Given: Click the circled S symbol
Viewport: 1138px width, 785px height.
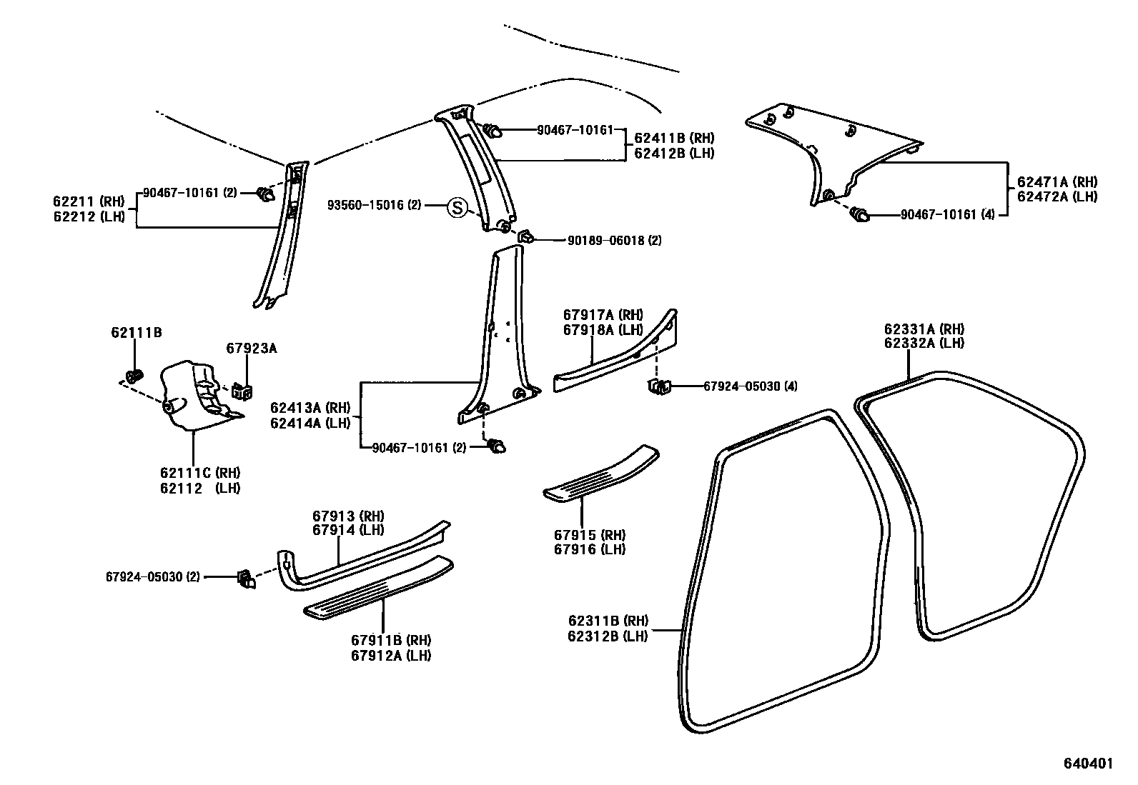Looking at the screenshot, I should (456, 208).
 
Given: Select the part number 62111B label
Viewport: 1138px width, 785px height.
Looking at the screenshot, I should (136, 332).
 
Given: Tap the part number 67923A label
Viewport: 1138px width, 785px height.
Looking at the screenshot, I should (251, 349).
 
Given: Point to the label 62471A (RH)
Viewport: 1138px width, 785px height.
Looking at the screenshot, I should (1057, 182).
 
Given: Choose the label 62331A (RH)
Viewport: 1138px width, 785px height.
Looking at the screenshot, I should (924, 329).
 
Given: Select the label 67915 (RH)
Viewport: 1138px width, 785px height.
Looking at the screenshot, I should (589, 535).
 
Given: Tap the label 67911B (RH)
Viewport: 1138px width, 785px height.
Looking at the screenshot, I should (390, 640).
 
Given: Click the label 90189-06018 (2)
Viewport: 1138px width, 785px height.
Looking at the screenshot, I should (614, 241).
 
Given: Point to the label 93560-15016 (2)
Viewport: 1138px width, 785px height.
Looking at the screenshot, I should (375, 206).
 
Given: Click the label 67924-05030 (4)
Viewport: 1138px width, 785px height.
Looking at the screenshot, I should (750, 386).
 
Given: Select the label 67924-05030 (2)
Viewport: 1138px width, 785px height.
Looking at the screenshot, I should (152, 576).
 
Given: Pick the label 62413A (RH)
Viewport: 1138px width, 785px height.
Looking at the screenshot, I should (310, 408).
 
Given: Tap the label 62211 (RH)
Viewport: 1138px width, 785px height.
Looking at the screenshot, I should (88, 201).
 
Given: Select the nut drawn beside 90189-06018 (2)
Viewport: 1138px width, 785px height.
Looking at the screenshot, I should (524, 236).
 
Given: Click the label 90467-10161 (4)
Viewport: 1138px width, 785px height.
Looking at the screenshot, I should (948, 214).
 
